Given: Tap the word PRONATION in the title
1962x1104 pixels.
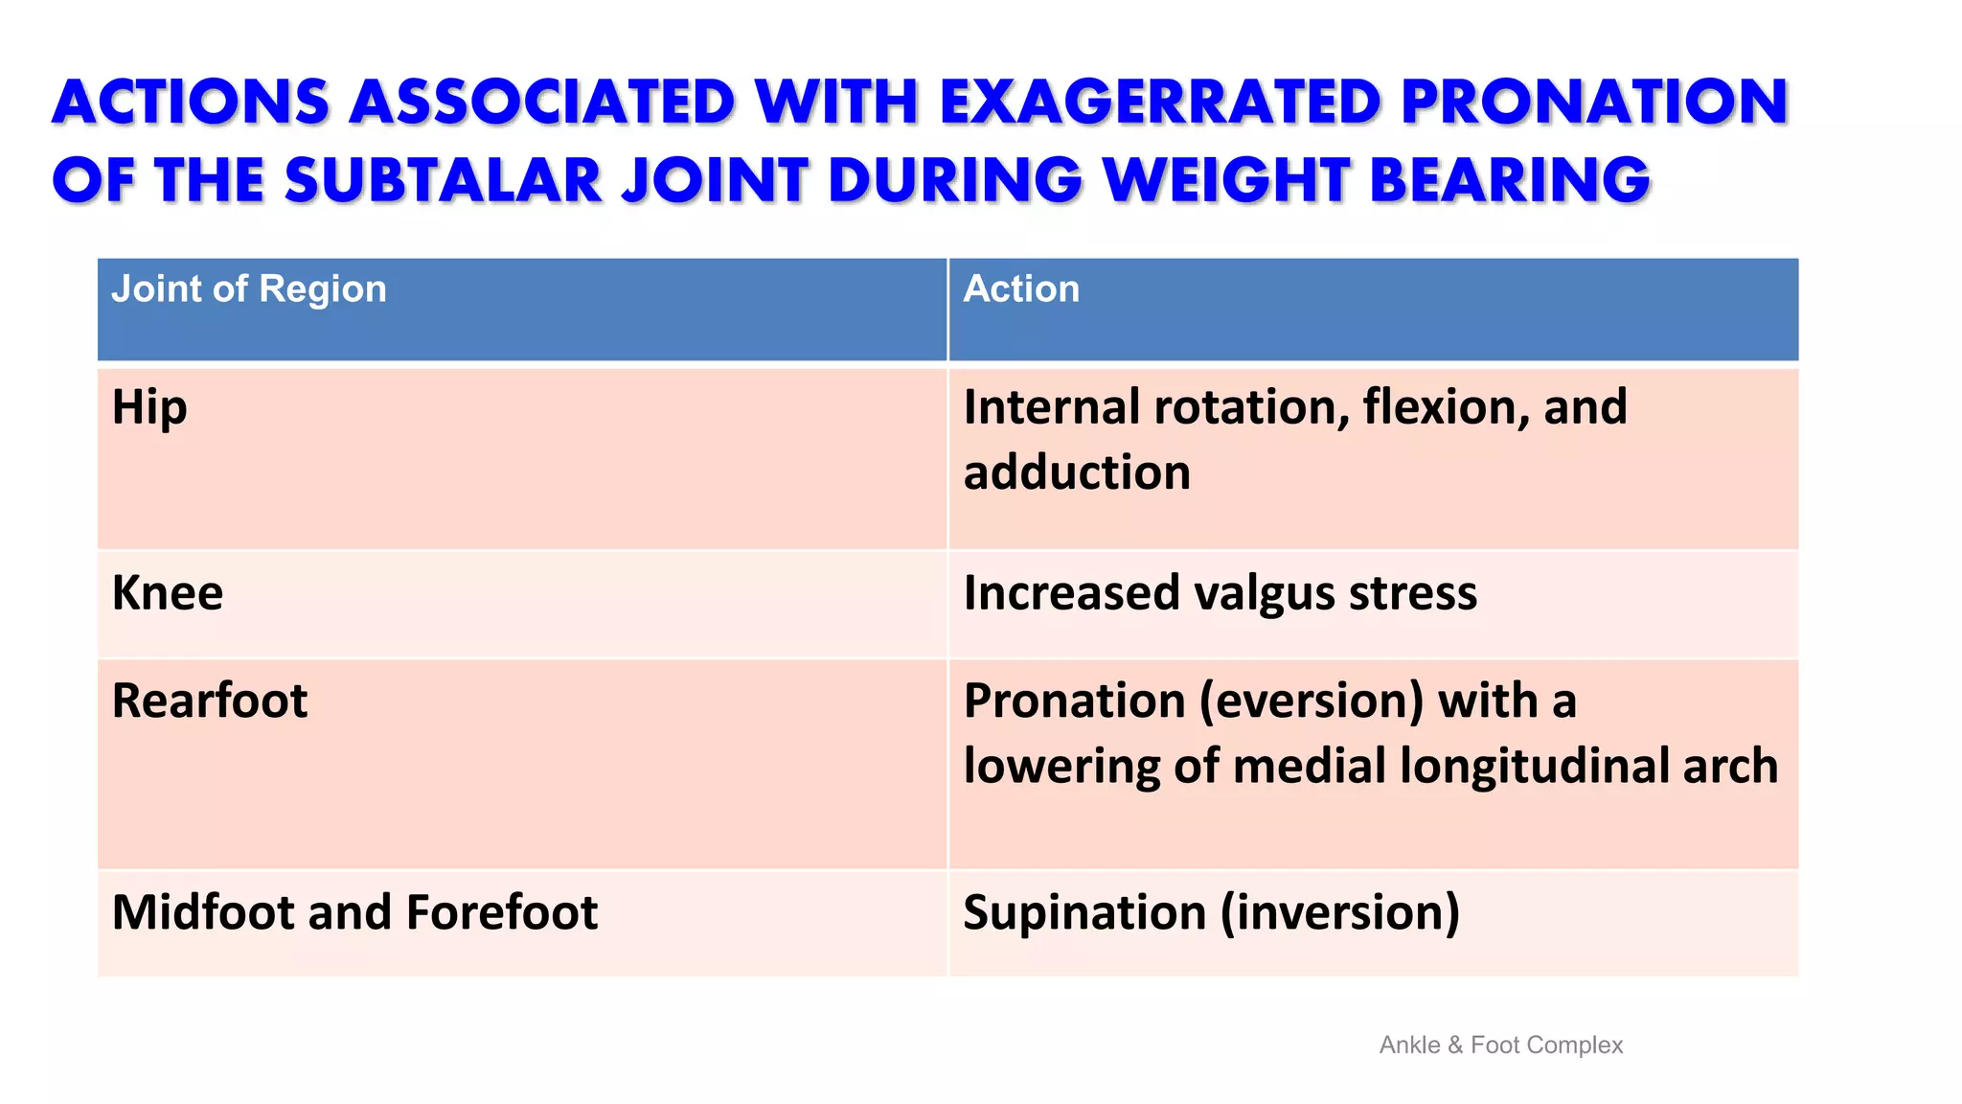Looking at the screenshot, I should [1594, 102].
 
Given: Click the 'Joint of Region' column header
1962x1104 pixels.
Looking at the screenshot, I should [249, 289].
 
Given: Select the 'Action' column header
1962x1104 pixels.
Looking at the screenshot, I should [1021, 289].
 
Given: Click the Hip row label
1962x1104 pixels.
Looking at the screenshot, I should [149, 408].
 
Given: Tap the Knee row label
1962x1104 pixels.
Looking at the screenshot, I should [168, 593].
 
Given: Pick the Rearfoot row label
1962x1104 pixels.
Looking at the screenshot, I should [210, 701].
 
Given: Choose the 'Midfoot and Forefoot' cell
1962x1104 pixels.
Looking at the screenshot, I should [354, 912].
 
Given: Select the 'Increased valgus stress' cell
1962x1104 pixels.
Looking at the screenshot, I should [1220, 593].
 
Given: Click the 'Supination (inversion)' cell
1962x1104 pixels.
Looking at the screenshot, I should [1211, 912].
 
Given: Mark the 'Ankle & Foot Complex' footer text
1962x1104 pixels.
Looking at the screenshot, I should [1500, 1046].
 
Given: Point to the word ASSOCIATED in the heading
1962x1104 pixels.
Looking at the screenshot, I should [542, 102].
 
